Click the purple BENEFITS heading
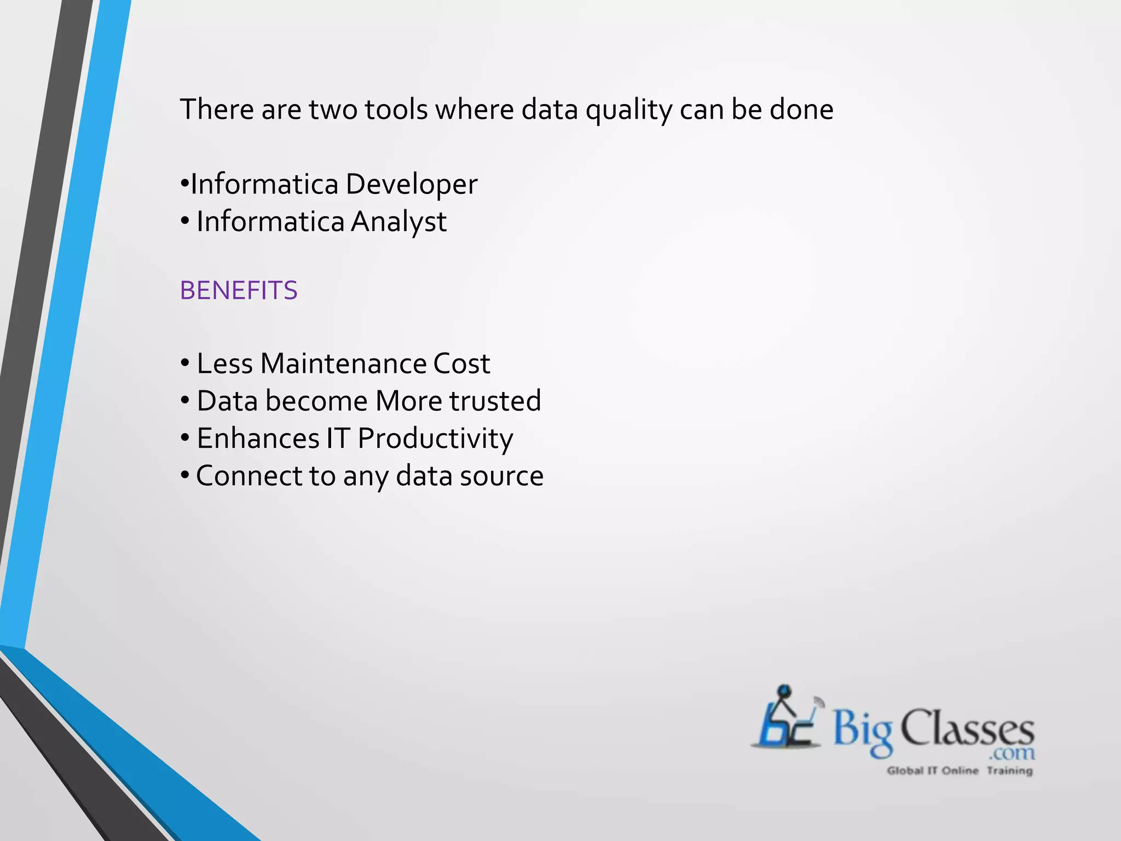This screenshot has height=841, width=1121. (239, 290)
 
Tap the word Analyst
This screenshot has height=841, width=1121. (398, 222)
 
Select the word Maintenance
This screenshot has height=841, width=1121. (343, 364)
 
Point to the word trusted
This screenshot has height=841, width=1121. (495, 401)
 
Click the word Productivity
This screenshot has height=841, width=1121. (435, 439)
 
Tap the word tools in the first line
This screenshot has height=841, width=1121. (396, 110)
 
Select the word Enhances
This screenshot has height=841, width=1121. (258, 439)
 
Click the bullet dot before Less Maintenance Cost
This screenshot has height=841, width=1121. (185, 363)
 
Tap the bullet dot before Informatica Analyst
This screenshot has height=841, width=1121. (185, 221)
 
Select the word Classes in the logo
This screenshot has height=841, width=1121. (967, 728)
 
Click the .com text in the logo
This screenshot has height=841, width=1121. (1012, 753)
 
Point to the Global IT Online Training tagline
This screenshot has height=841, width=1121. (960, 771)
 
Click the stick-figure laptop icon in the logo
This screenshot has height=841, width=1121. (786, 719)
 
